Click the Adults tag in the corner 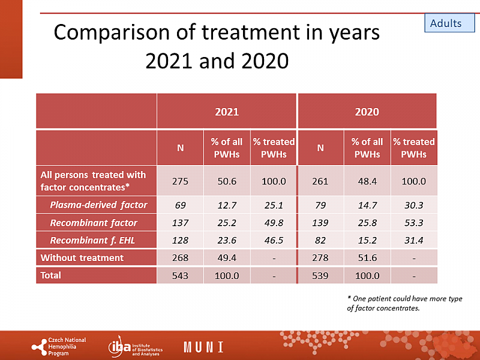[x=446, y=23]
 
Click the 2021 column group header [x=227, y=112]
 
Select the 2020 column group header [x=367, y=112]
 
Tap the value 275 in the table [x=180, y=181]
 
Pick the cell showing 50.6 [x=227, y=181]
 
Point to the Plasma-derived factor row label [x=98, y=205]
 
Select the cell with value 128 [x=180, y=240]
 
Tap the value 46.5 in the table [x=274, y=240]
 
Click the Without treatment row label [x=82, y=258]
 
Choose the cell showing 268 [x=180, y=258]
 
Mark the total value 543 [x=180, y=276]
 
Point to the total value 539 [x=320, y=276]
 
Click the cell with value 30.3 [x=414, y=205]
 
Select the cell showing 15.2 [x=367, y=240]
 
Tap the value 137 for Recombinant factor [x=180, y=223]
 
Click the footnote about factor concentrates [x=404, y=304]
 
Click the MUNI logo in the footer [x=203, y=347]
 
